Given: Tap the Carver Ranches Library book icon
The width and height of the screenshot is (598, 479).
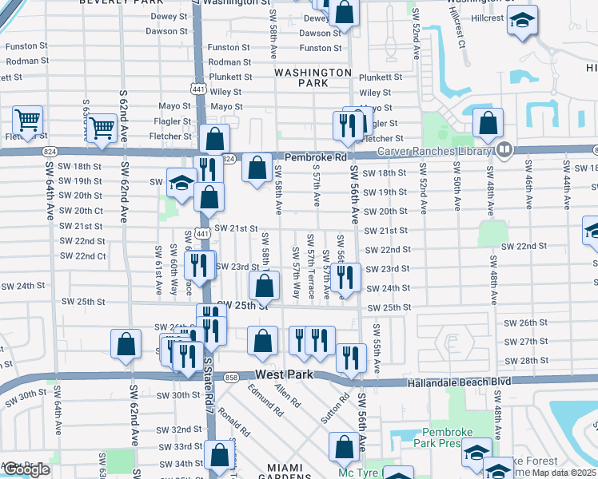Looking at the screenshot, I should [504, 149].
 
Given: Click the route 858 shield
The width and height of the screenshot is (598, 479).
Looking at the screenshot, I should [232, 378].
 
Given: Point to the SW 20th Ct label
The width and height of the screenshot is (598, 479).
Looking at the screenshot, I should [83, 211].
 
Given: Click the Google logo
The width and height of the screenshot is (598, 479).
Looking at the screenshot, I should [26, 469].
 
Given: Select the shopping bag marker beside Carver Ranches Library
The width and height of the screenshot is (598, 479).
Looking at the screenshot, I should [488, 124].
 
